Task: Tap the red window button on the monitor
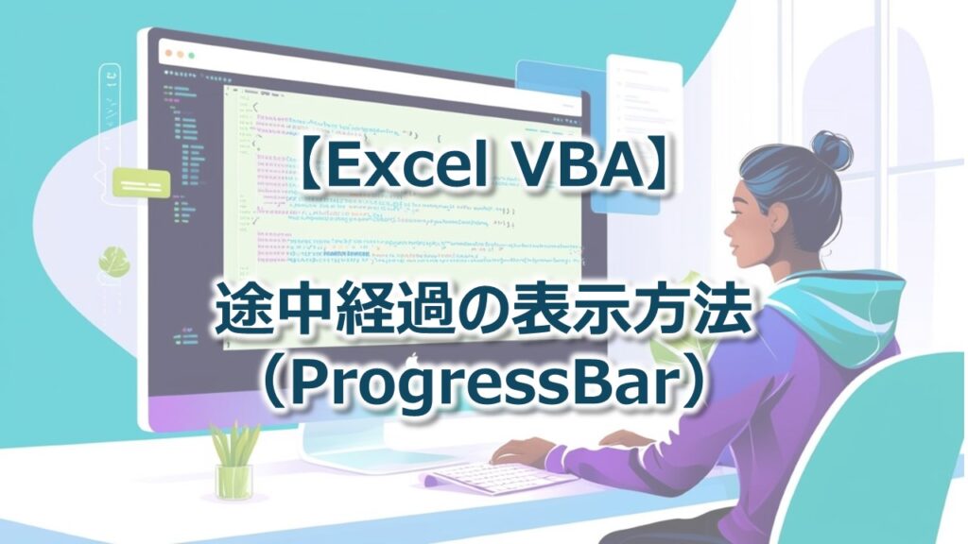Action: pyautogui.click(x=169, y=54)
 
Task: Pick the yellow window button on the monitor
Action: pyautogui.click(x=181, y=54)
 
